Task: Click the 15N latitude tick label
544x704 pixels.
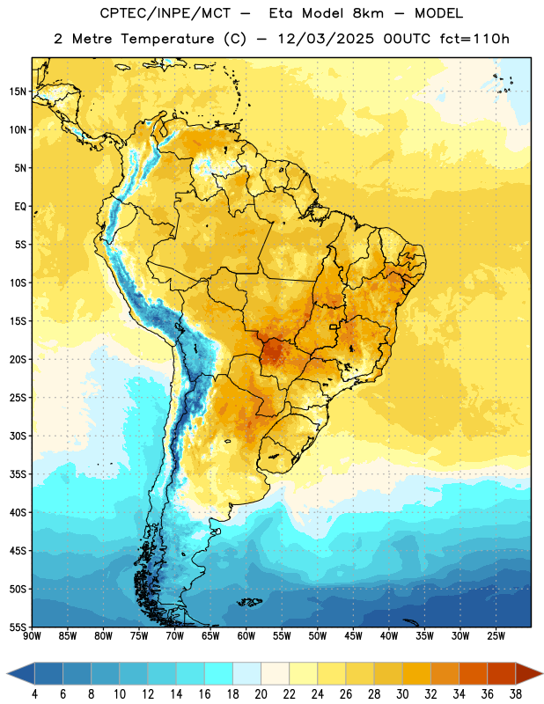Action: click(18, 92)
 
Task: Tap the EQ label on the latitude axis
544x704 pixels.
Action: click(20, 207)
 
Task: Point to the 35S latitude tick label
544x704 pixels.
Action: click(18, 474)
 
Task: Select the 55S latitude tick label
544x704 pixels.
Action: click(18, 627)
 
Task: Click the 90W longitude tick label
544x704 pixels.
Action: click(32, 635)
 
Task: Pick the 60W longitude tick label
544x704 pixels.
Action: click(246, 635)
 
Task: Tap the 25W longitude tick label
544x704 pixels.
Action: click(496, 635)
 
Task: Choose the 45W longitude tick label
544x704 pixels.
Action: click(353, 635)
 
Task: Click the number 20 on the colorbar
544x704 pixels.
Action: click(261, 694)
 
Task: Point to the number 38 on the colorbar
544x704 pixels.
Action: click(516, 694)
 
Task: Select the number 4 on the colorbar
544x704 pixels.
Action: click(34, 694)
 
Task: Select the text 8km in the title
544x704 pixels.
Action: click(368, 13)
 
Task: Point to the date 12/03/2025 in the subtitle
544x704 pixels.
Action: click(326, 39)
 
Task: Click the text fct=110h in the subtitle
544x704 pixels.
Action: click(474, 39)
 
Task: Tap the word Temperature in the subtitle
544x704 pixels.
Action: click(167, 40)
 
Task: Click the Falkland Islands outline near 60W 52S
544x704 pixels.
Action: click(250, 602)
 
